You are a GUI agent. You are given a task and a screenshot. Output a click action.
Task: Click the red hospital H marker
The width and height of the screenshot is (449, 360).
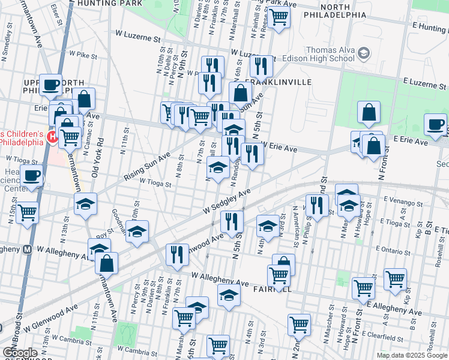pyautogui.click(x=52, y=137)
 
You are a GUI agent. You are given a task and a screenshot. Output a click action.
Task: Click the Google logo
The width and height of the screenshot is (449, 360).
pyautogui.click(x=20, y=352)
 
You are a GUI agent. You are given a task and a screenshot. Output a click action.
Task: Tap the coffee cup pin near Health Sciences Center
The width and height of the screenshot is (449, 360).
pyautogui.click(x=32, y=176)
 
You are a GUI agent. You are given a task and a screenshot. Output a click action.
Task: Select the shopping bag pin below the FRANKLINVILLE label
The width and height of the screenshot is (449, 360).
pyautogui.click(x=240, y=94)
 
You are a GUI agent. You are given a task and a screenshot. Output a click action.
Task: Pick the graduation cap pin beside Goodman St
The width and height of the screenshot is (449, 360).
pyautogui.click(x=137, y=231)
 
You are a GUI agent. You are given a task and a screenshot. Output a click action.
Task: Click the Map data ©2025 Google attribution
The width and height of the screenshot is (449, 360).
pyautogui.click(x=411, y=355)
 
